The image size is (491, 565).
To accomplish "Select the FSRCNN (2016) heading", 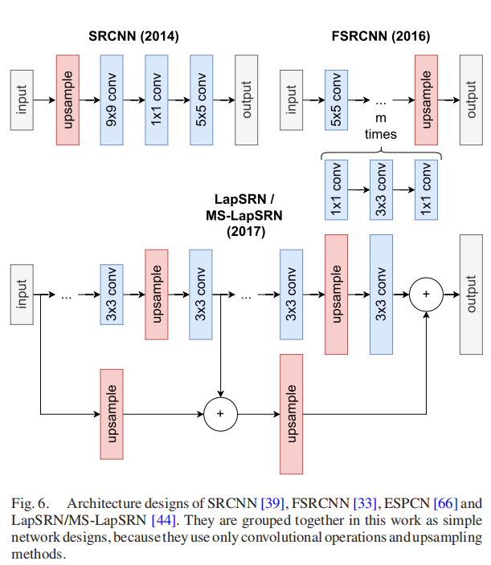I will pos(380,36).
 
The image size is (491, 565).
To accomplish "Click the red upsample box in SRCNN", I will pos(68,100).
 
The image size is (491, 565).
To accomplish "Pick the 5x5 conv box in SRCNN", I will pos(202,100).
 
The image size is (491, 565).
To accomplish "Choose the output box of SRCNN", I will pos(247,100).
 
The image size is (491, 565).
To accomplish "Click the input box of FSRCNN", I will pos(291,100).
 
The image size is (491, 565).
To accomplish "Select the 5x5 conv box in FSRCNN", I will pos(336,100).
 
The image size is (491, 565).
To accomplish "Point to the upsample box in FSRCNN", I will pos(426,100).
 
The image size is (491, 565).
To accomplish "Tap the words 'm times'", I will pos(381,127).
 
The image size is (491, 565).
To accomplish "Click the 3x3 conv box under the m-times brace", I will pos(381,189).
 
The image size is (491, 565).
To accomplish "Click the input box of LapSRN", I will pos(22,295).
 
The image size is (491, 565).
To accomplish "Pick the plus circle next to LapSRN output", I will pos(426,295).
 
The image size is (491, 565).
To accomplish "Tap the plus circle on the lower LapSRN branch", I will pos(220,414).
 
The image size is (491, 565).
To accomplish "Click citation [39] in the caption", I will pos(275,504).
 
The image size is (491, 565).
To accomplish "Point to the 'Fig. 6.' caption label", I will pos(30,504).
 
